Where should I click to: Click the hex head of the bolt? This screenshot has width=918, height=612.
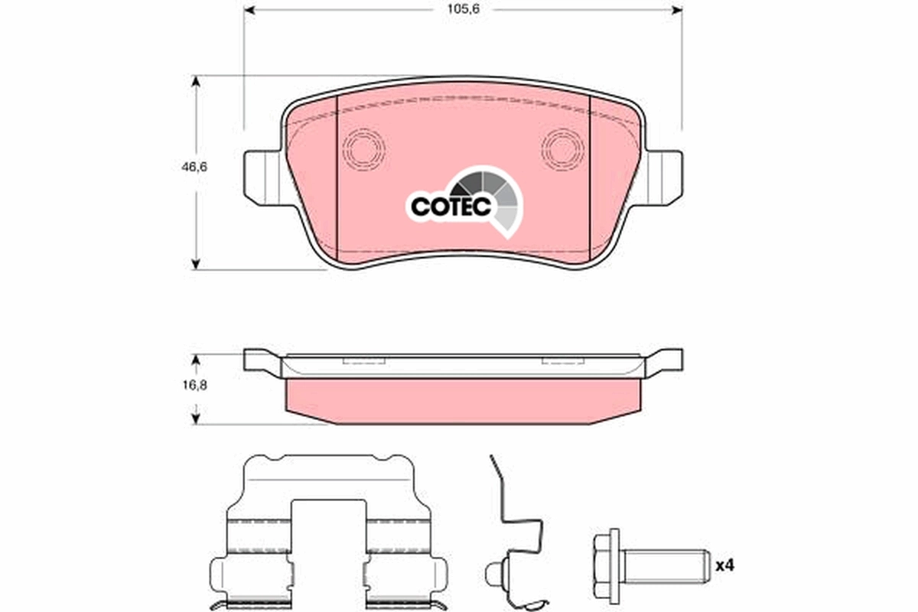(x=608, y=566)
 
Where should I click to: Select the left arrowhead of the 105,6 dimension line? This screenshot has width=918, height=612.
(x=249, y=9)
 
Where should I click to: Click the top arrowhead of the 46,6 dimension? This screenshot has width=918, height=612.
(x=197, y=80)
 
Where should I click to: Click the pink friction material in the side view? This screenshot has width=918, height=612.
(x=463, y=398)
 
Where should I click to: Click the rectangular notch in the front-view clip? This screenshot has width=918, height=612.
(x=329, y=535)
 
